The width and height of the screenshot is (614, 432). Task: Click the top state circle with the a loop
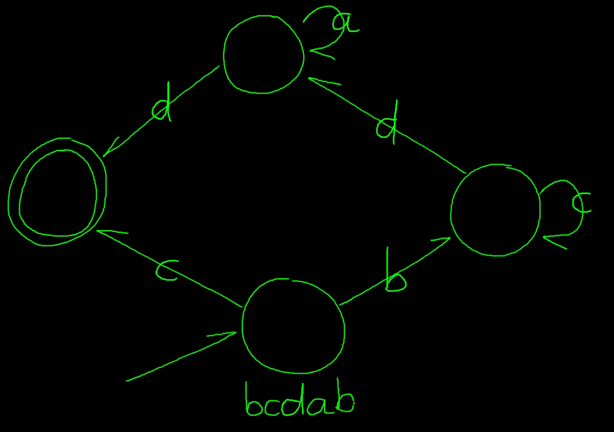pyautogui.click(x=263, y=55)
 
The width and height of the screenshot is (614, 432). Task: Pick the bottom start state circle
pyautogui.click(x=293, y=326)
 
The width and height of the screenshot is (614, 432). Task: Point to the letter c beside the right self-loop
pyautogui.click(x=581, y=204)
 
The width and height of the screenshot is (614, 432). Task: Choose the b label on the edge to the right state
pyautogui.click(x=395, y=278)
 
